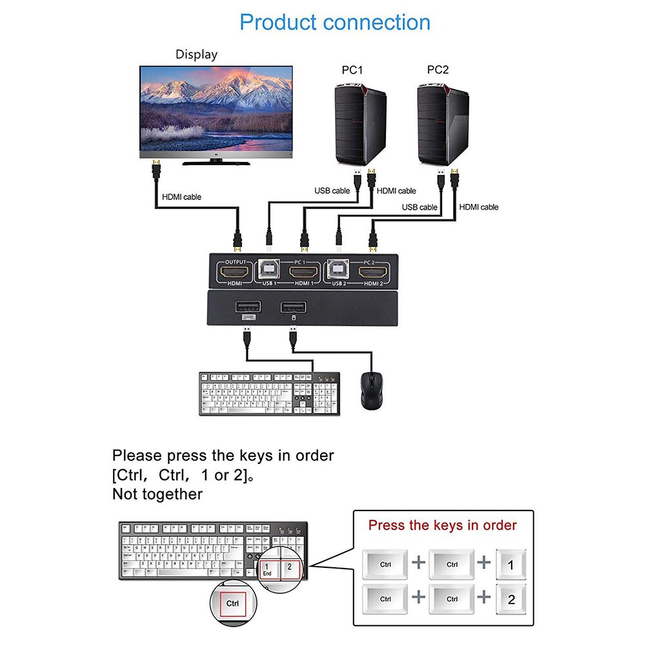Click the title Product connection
(334, 23)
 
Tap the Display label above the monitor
(196, 55)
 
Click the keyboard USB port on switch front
(248, 307)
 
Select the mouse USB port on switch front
(293, 307)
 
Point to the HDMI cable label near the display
(181, 197)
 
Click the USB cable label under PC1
(332, 190)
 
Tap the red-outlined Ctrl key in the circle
(232, 604)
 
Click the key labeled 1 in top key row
(511, 565)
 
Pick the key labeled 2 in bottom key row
(511, 599)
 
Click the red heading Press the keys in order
(442, 525)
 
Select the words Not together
(157, 494)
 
